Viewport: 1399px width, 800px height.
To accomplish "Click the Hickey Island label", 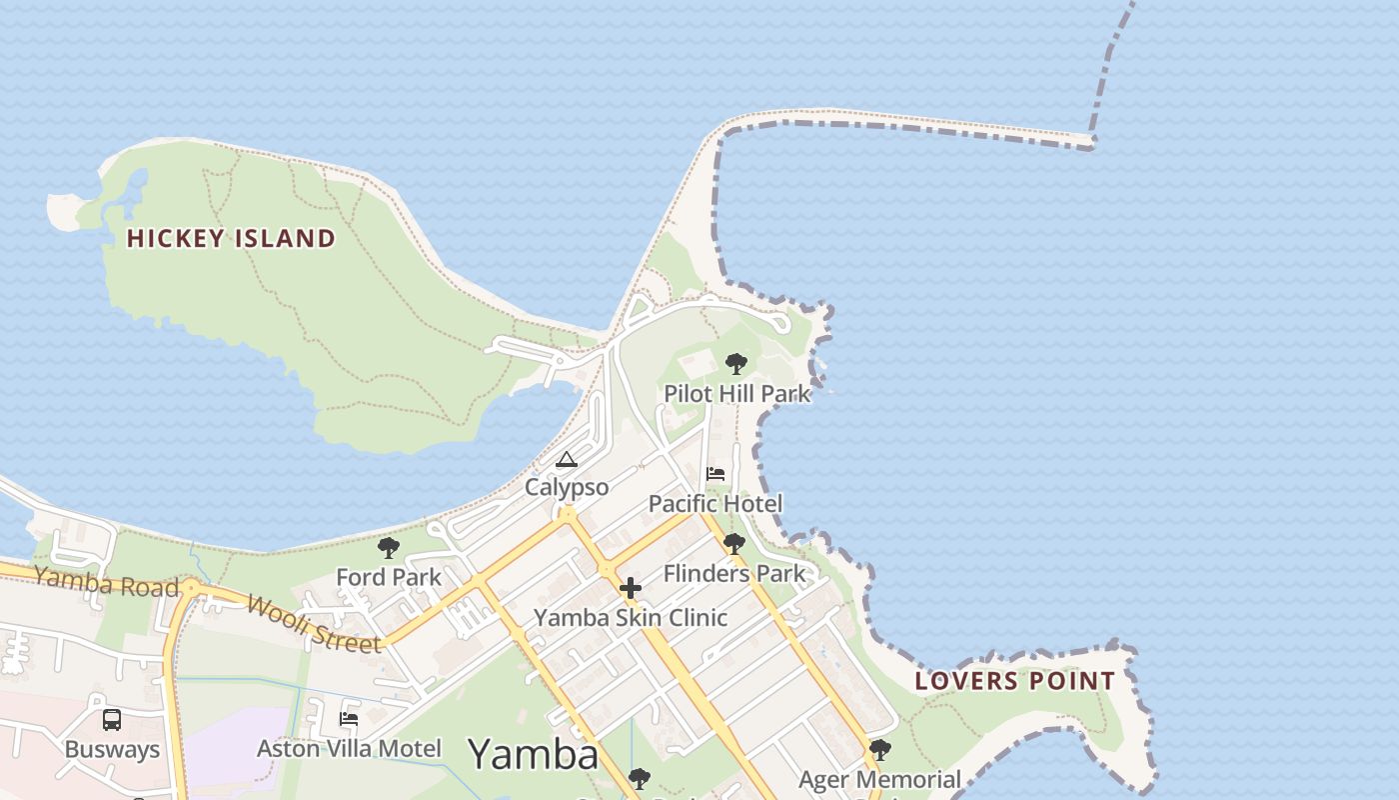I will tap(231, 238).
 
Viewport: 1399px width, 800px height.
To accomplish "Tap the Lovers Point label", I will tap(1015, 682).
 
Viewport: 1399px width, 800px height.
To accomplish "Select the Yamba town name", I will tap(533, 754).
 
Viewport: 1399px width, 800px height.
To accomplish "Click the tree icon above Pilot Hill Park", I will tap(736, 363).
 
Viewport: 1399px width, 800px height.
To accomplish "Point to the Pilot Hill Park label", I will tap(737, 394).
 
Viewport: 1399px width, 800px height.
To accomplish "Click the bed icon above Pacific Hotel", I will tap(715, 474).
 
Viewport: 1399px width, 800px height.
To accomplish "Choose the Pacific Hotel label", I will tap(715, 503).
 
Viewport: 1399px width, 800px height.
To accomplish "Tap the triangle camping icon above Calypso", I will tap(567, 460).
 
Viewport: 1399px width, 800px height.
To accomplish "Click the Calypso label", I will tap(567, 487).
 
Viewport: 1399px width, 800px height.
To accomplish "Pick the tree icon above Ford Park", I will tap(389, 548).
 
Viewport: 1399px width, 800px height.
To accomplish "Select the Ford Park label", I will tap(389, 577).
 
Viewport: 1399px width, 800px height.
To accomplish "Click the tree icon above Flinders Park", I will tap(734, 544).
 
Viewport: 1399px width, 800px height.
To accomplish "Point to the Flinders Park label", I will tap(734, 573).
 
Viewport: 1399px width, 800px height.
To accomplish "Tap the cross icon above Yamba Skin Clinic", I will tap(631, 588).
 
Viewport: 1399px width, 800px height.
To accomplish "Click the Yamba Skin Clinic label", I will tap(631, 617).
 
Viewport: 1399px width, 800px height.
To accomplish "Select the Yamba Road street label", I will tap(106, 581).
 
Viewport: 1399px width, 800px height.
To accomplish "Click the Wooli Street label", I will tap(314, 624).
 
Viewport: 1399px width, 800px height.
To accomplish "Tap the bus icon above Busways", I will tap(112, 720).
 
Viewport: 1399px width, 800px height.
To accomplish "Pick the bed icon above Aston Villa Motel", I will tap(349, 718).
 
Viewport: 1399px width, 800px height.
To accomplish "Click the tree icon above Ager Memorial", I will tap(879, 750).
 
